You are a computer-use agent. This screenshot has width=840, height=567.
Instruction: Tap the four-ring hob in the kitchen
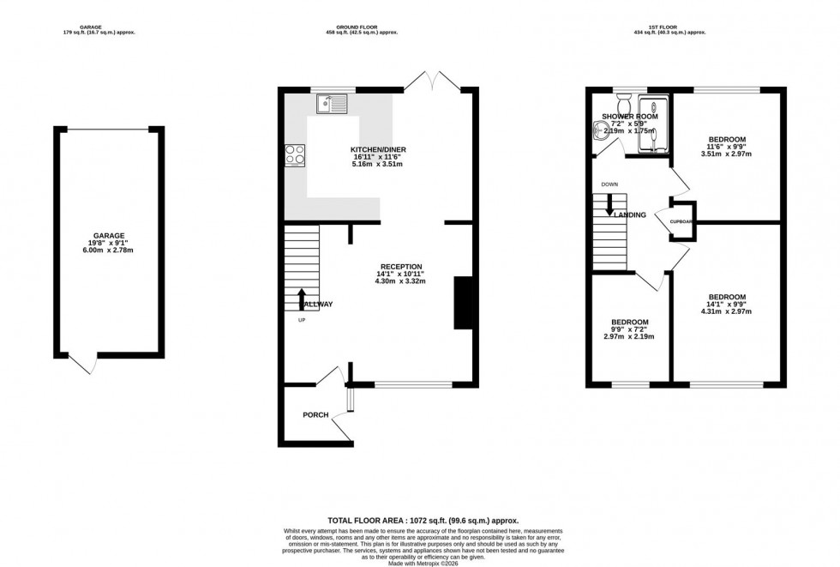click(295, 155)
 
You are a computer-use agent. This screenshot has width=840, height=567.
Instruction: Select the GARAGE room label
click(110, 235)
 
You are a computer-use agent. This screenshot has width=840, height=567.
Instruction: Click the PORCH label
click(315, 415)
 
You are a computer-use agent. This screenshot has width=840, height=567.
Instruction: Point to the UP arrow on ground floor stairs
click(301, 299)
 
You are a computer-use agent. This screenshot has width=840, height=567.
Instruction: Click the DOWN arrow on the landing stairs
click(609, 205)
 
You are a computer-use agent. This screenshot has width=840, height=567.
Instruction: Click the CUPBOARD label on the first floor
click(681, 221)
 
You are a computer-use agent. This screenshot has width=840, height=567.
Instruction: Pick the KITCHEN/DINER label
click(378, 149)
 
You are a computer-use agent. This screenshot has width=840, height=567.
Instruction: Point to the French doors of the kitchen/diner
click(432, 82)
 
